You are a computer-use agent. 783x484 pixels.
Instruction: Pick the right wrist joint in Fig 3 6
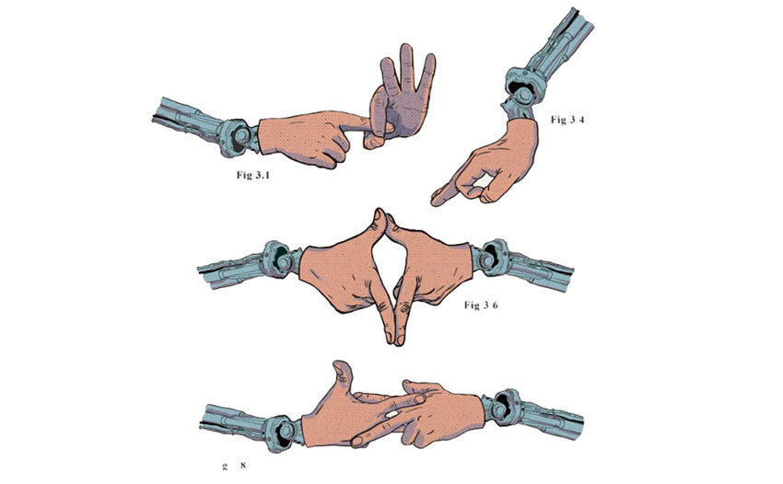(494, 257)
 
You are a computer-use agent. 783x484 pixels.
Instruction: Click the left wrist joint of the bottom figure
(279, 423)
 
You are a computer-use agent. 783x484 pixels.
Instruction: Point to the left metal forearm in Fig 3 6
(230, 269)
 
